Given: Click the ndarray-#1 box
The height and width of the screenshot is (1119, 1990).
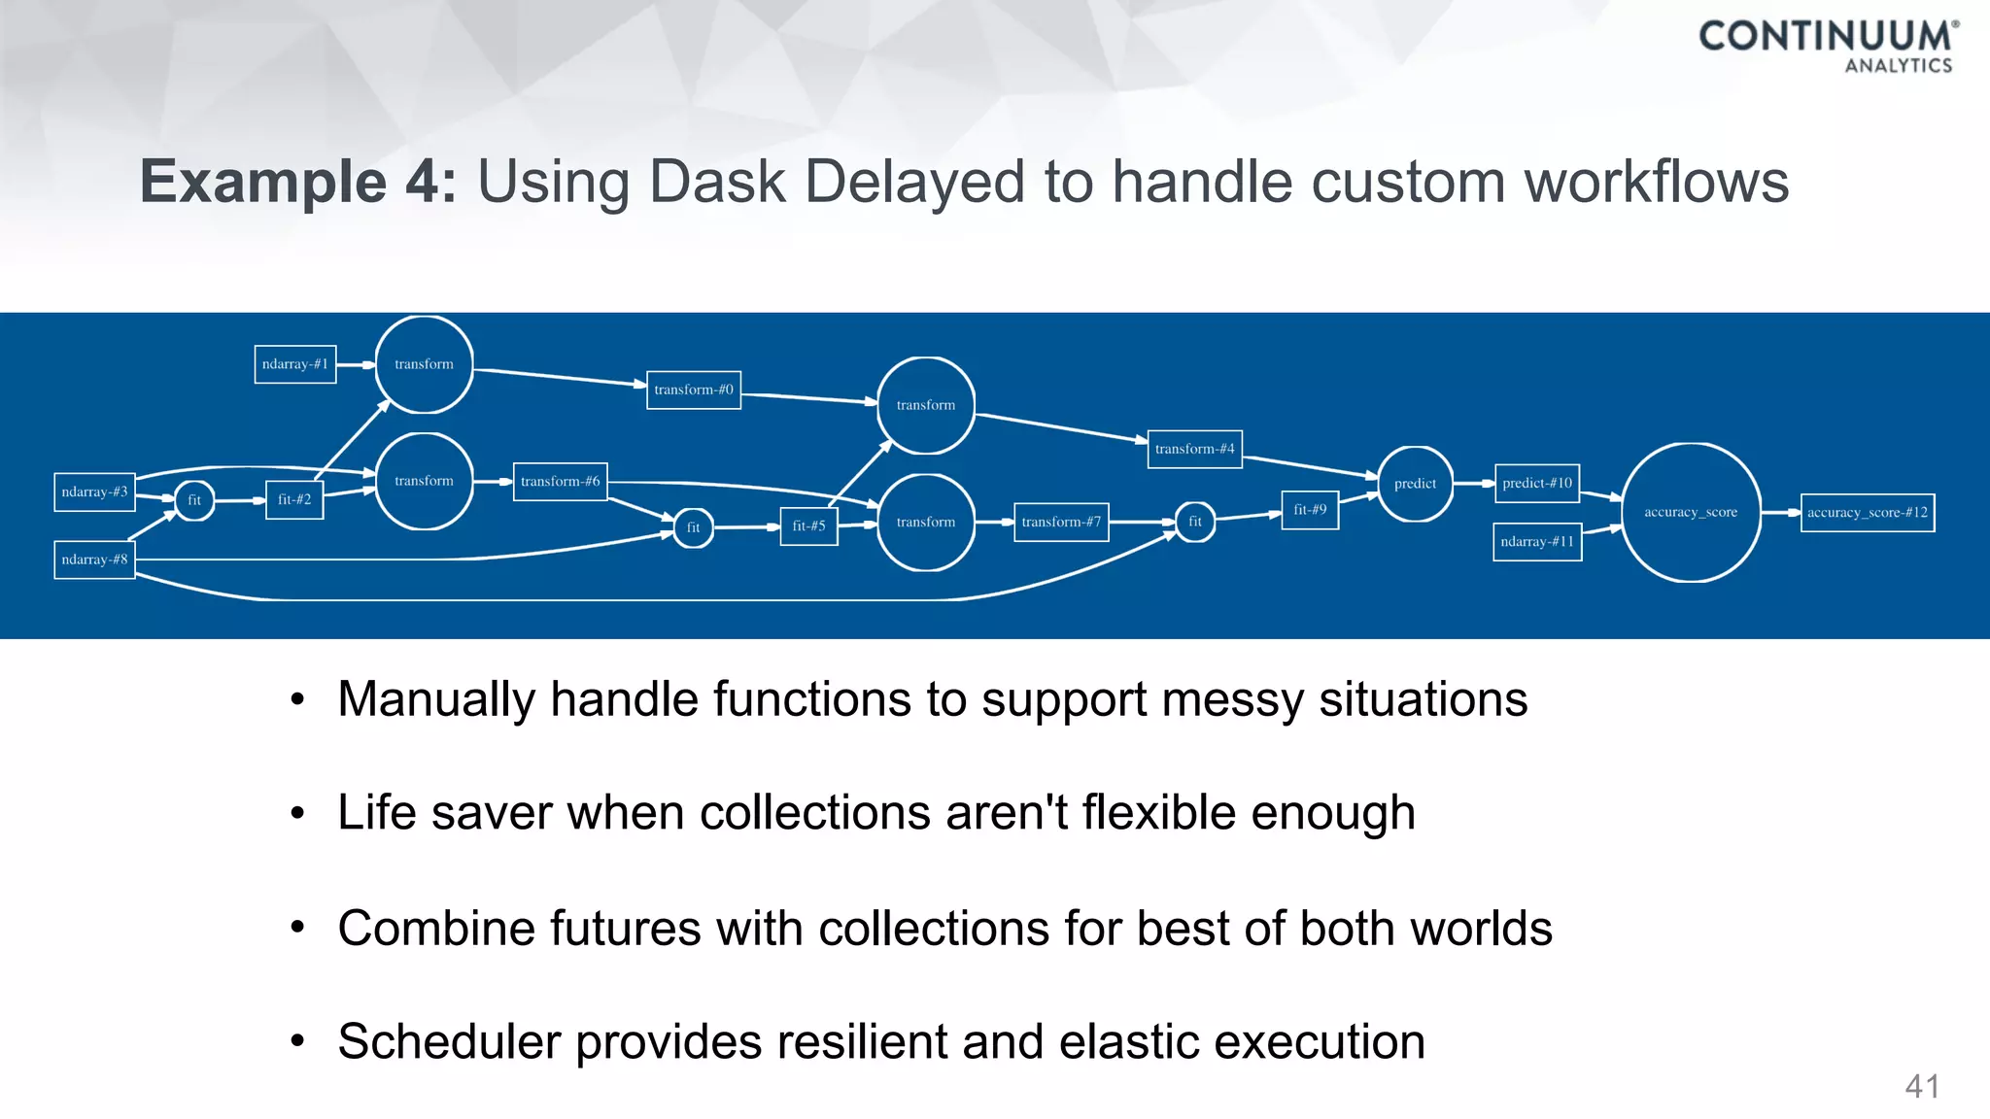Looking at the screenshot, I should pyautogui.click(x=295, y=364).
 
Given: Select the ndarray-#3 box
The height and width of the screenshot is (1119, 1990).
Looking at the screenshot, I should pyautogui.click(x=94, y=492).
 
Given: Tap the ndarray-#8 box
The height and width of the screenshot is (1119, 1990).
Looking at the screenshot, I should pyautogui.click(x=94, y=559).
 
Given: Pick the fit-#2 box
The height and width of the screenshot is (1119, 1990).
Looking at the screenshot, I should pyautogui.click(x=294, y=499).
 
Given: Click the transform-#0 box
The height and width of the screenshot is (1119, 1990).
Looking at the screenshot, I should pyautogui.click(x=694, y=390).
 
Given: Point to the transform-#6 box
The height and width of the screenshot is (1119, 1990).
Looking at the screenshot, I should pyautogui.click(x=560, y=481).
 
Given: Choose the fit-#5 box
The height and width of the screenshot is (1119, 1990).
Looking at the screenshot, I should pyautogui.click(x=808, y=526).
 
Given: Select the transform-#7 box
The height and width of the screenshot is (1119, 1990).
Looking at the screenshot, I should pyautogui.click(x=1061, y=522).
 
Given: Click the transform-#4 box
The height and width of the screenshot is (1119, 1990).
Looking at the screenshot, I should pyautogui.click(x=1194, y=449).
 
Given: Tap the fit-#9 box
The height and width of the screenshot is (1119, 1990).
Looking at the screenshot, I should pyautogui.click(x=1310, y=510).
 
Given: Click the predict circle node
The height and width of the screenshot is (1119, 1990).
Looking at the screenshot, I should pyautogui.click(x=1415, y=484).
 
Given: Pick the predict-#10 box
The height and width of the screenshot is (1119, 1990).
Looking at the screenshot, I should pyautogui.click(x=1536, y=483).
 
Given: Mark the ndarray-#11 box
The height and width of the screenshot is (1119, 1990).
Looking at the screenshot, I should pyautogui.click(x=1536, y=541).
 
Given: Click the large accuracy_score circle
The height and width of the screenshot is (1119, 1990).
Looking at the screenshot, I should pyautogui.click(x=1691, y=512).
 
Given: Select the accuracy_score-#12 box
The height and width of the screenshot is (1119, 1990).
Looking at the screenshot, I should pyautogui.click(x=1867, y=512).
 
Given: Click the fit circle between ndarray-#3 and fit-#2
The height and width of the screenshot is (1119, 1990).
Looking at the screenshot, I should pyautogui.click(x=194, y=500).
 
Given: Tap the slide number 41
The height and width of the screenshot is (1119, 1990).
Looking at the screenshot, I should pyautogui.click(x=1922, y=1086).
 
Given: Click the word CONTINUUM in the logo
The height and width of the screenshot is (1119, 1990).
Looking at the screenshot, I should pyautogui.click(x=1824, y=36).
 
